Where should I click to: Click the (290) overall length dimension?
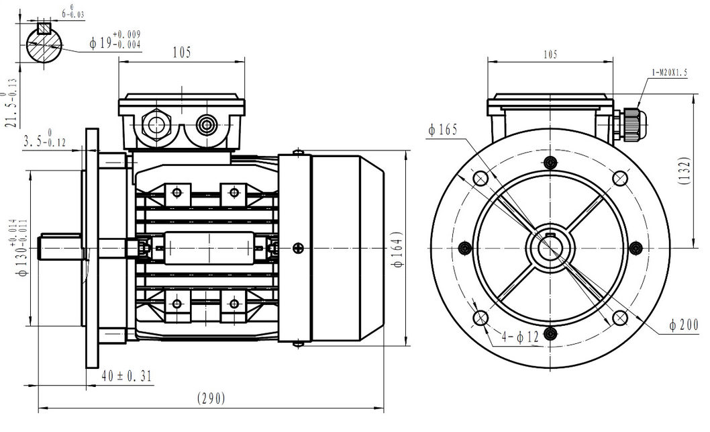(211, 398)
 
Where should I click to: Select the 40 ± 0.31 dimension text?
(127, 376)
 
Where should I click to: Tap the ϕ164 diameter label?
(397, 251)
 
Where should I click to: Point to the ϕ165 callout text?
(445, 130)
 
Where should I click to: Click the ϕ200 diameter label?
(684, 325)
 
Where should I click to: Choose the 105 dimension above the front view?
(550, 54)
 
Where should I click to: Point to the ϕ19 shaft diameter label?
(115, 42)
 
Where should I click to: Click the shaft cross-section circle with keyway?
(44, 44)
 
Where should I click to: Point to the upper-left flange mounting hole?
(480, 178)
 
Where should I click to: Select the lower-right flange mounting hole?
(620, 318)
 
